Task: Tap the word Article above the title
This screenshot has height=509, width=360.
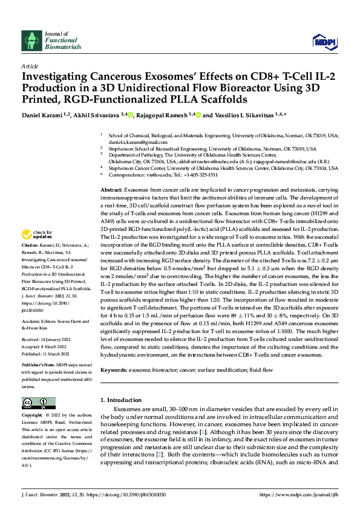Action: (x=29, y=66)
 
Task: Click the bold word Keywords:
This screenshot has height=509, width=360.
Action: (x=113, y=369)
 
